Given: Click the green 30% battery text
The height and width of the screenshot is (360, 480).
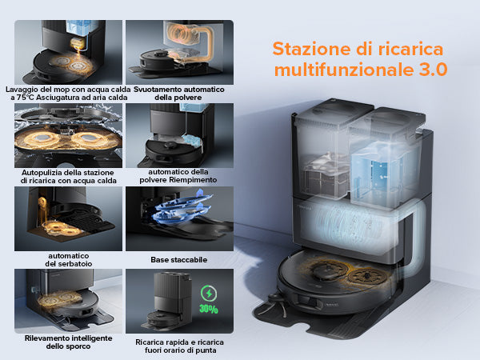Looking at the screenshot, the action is point(209,309).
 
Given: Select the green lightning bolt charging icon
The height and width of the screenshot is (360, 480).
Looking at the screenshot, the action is point(209,294).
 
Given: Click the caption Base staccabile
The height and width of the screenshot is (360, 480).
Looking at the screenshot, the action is point(179,260).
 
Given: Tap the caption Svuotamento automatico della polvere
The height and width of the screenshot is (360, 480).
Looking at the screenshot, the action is point(178,94).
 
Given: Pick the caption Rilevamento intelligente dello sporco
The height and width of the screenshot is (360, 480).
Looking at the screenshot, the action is point(68,342).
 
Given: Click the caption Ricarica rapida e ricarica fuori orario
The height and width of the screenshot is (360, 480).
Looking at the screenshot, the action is point(180,346).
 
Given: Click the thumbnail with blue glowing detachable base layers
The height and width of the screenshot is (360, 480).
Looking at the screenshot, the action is point(179,219).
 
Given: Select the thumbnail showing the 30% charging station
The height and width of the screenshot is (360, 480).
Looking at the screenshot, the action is point(179,302).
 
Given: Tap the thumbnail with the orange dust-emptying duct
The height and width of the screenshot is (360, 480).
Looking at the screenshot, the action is point(179,52).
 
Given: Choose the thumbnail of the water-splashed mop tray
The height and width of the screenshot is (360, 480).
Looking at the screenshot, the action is point(68,136).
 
